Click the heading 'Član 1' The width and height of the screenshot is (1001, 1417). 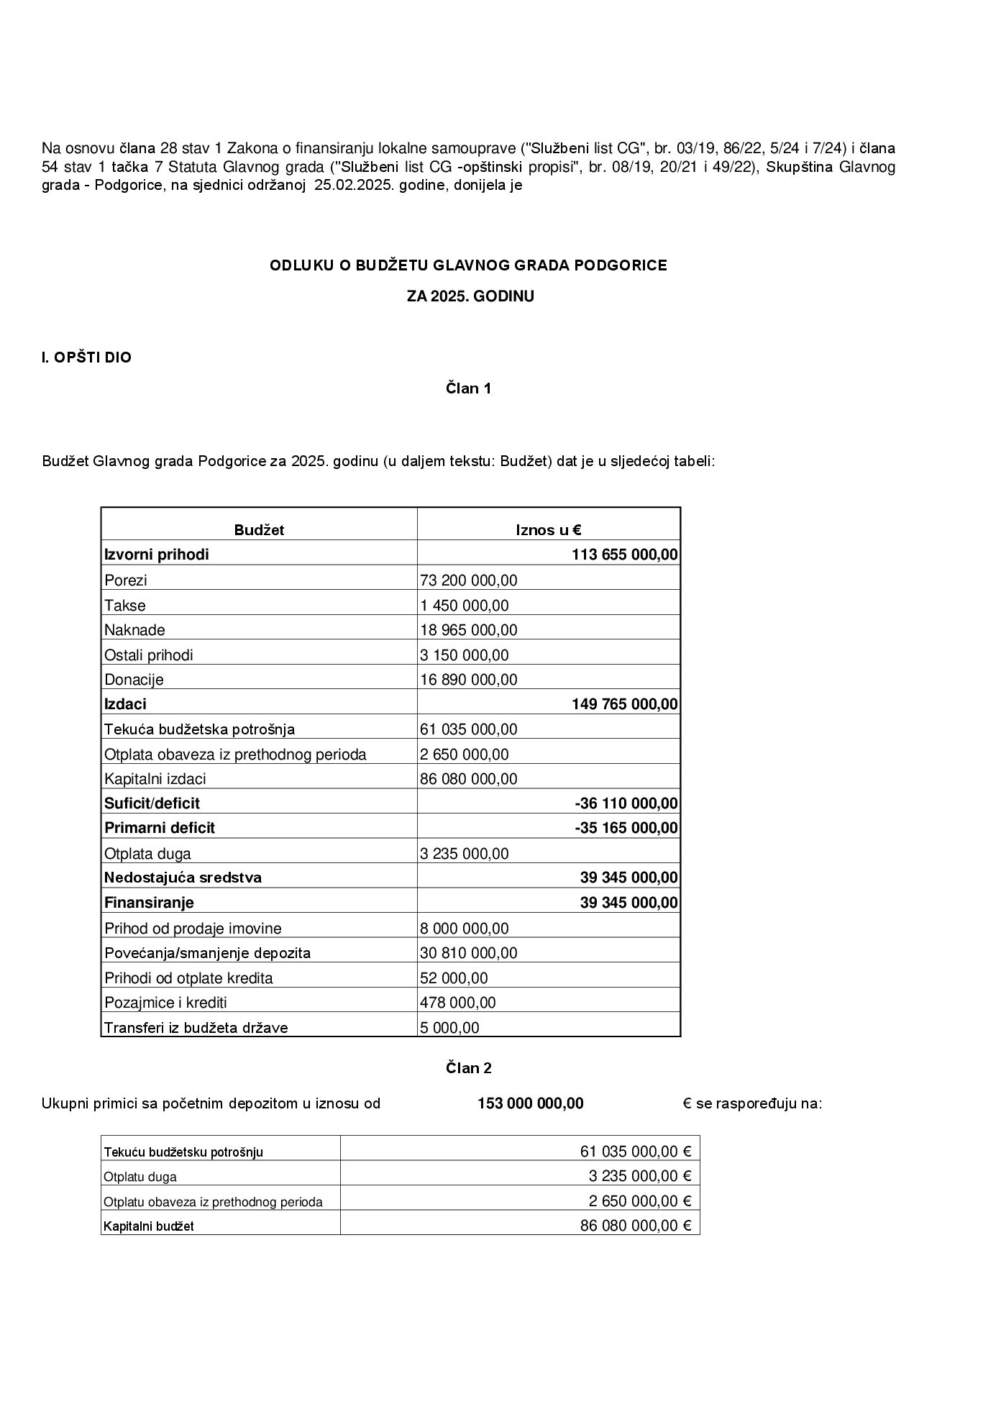(x=468, y=388)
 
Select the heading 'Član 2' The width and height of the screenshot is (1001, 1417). (x=468, y=1067)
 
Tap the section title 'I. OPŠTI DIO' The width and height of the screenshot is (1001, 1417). (x=86, y=357)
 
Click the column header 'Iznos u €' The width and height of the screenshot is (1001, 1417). (x=548, y=530)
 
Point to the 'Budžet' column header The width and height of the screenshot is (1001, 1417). (x=259, y=530)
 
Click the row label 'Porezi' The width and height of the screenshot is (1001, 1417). (x=126, y=580)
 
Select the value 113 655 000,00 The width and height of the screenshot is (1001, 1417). (x=624, y=555)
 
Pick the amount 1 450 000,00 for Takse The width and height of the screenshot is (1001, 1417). (x=464, y=605)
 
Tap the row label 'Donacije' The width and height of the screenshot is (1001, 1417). (x=134, y=679)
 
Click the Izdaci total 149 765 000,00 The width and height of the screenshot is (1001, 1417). (x=624, y=703)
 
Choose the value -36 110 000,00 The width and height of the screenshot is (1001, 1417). (x=626, y=803)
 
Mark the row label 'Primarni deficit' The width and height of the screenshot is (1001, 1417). (x=160, y=827)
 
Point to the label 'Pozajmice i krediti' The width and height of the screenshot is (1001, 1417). (x=165, y=1002)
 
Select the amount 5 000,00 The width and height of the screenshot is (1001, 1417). (x=449, y=1027)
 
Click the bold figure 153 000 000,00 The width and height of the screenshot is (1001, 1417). (x=530, y=1103)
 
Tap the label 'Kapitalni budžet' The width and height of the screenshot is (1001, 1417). (x=149, y=1226)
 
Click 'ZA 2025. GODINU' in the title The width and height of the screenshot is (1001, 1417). (x=470, y=296)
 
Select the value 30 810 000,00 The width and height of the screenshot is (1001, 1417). (x=468, y=952)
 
